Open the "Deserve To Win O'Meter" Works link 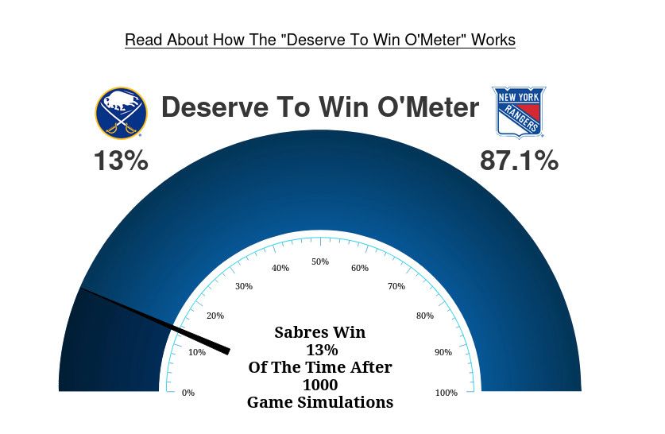point(319,40)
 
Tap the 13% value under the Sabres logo point(121,161)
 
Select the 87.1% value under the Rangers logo point(519,161)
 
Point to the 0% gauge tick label point(188,393)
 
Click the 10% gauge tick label point(197,352)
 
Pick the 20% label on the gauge point(215,316)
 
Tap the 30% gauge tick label point(244,286)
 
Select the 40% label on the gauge point(280,268)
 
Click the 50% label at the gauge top point(320,262)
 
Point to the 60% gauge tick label point(360,268)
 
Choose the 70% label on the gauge point(396,286)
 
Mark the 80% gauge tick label point(425,316)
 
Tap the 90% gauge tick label point(443,352)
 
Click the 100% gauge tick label point(447,393)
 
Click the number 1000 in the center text point(320,386)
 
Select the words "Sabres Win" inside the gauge point(320,332)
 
